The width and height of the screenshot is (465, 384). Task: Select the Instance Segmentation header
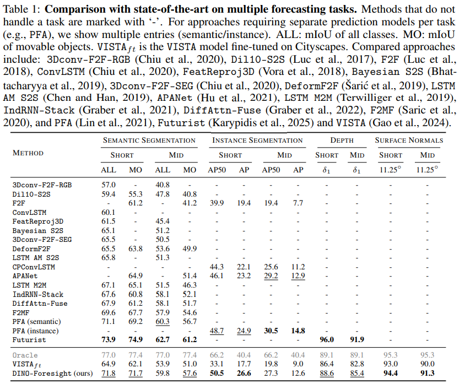coord(258,140)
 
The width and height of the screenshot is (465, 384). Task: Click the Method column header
coord(29,153)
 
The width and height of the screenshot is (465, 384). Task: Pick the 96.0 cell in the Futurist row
coord(327,339)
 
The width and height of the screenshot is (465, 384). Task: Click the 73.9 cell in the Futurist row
coord(109,339)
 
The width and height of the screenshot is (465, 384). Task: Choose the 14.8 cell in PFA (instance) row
coord(298,331)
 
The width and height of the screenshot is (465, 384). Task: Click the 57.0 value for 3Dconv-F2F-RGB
coord(109,185)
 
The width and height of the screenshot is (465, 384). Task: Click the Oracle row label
coord(25,355)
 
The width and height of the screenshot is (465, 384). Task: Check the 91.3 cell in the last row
coord(427,373)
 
